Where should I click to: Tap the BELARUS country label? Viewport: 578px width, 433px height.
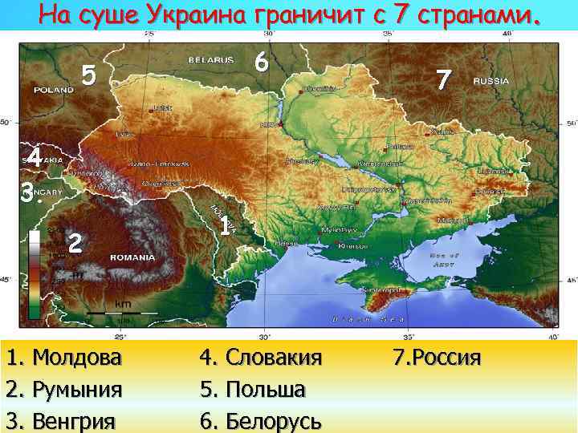[x=210, y=60]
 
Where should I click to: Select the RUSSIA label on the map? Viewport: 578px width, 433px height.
[x=491, y=81]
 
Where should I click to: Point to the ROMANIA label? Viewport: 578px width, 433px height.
[x=132, y=258]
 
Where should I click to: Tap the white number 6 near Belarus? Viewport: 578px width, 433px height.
[x=259, y=62]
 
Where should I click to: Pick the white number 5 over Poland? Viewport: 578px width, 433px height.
[x=89, y=76]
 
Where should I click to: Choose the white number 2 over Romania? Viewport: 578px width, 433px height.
[x=75, y=242]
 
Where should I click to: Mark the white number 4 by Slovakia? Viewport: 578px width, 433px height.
[x=33, y=158]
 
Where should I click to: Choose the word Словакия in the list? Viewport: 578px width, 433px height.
[x=274, y=357]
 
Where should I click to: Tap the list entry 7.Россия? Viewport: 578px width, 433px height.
[x=438, y=357]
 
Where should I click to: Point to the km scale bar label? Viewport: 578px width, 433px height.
[x=122, y=304]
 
